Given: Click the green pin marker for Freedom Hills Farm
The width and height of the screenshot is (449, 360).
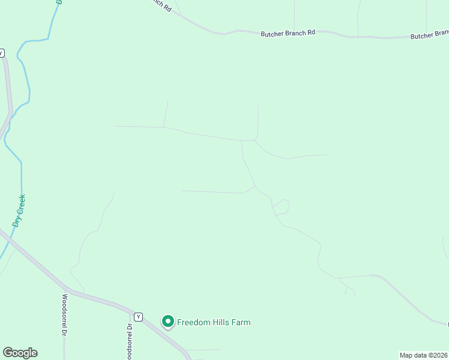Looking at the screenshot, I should [x=168, y=322].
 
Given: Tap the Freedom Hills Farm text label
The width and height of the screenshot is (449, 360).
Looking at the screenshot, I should [x=213, y=322].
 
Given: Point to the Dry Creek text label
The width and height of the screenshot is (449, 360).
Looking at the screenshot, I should [x=19, y=210].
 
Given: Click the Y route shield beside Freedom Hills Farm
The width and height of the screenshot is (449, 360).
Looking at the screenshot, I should [x=139, y=317].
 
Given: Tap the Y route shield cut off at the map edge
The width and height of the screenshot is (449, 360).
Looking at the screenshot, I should [x=2, y=53].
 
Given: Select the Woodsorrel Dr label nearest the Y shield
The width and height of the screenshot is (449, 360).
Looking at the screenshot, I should [x=129, y=341].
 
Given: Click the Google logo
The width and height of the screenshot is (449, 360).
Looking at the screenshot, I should [x=20, y=353].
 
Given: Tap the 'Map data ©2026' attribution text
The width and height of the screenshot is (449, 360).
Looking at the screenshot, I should [x=423, y=355].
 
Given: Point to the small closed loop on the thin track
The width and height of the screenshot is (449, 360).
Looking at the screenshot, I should [x=282, y=206].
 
